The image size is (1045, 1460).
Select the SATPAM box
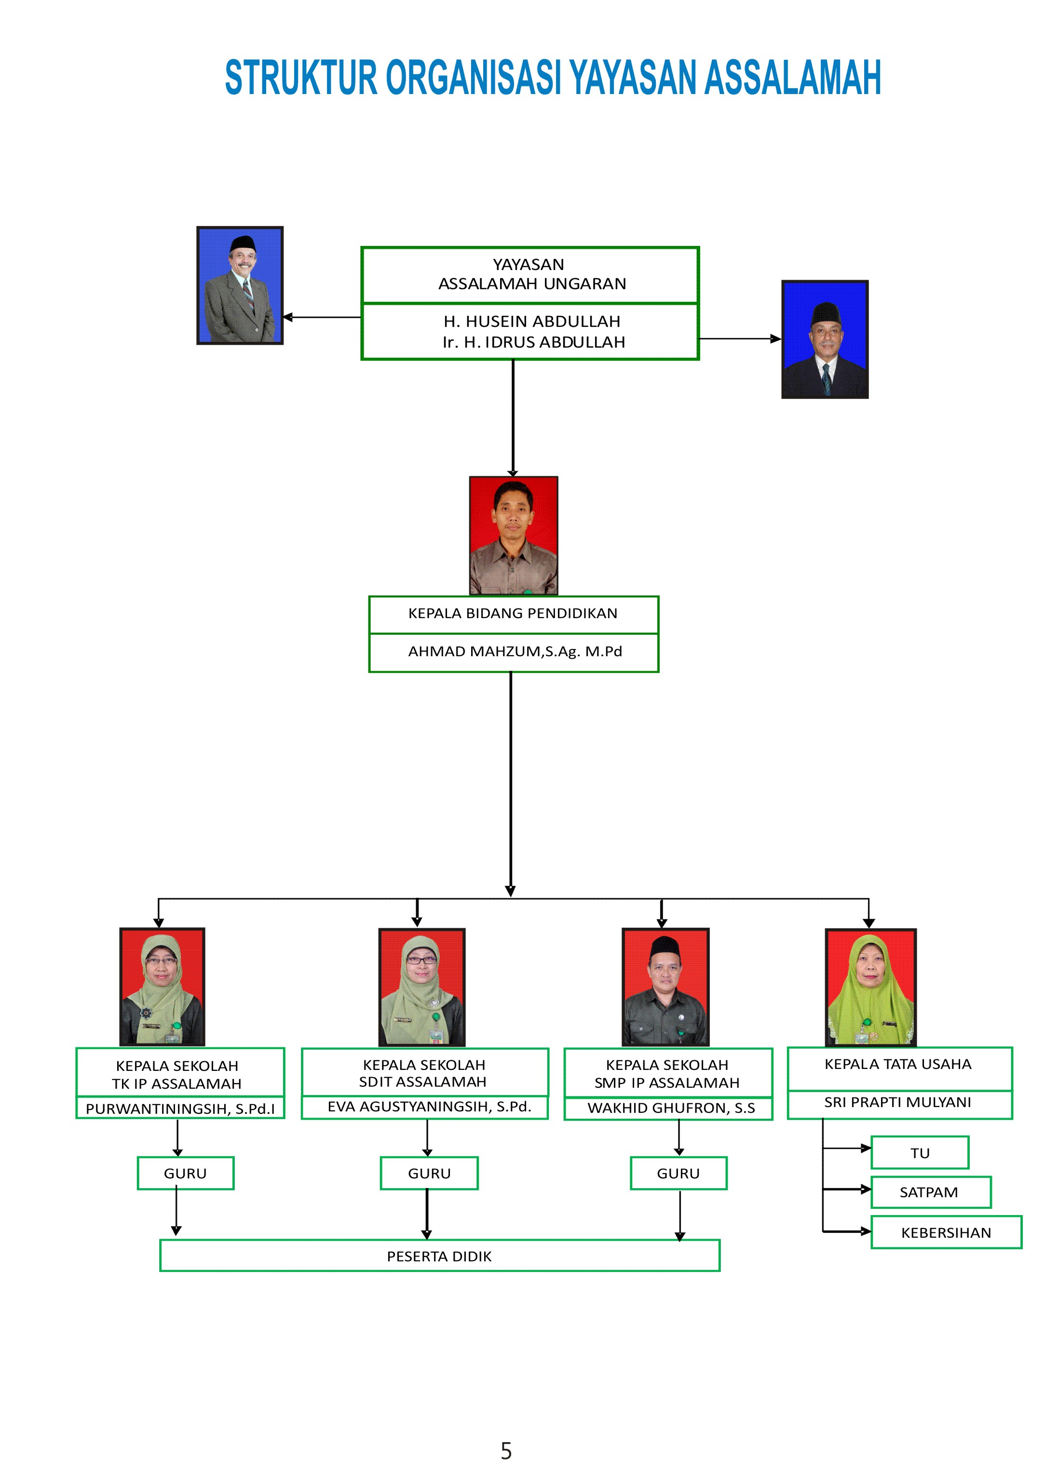[930, 1192]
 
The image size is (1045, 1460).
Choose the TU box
[920, 1152]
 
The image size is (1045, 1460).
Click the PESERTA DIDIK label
[439, 1257]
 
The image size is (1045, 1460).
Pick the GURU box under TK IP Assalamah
[185, 1173]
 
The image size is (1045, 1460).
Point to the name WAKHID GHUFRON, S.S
[670, 1108]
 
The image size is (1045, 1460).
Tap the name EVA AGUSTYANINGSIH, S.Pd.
[429, 1107]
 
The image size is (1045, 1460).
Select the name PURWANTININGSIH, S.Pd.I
[180, 1109]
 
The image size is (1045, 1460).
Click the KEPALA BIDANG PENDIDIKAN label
[513, 613]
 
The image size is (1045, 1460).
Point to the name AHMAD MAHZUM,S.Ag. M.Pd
[515, 651]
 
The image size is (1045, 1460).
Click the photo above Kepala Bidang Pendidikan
[514, 535]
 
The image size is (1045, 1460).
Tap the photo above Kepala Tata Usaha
[870, 987]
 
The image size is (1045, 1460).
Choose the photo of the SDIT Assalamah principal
[421, 987]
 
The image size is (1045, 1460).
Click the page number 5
[506, 1451]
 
